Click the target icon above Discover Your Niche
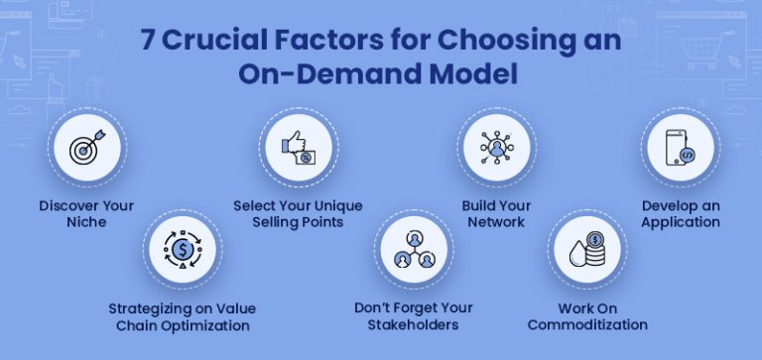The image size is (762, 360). (x=83, y=150)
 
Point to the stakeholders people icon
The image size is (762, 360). (x=413, y=251)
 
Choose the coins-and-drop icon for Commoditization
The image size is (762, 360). (x=585, y=251)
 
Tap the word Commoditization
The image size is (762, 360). (x=587, y=324)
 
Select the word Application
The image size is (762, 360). (x=681, y=222)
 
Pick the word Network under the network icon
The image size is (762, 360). (x=495, y=222)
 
